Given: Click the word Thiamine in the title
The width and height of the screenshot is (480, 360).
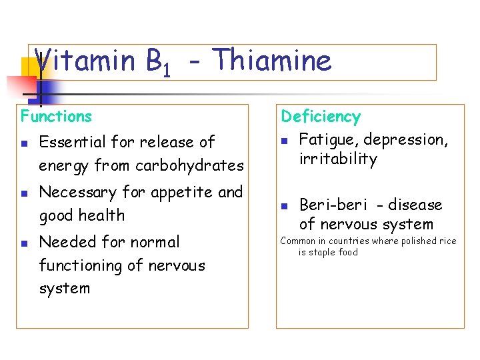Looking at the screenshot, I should coord(273,61).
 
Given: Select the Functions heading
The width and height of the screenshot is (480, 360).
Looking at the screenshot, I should coord(56,116).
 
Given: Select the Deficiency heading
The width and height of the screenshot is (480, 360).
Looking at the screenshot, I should coord(320,117).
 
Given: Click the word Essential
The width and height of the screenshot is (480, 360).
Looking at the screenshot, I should coord(71,142).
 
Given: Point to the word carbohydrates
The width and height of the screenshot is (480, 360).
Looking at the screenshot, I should coord(189,165).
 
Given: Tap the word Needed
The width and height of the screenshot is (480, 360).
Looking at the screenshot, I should coord(65,242).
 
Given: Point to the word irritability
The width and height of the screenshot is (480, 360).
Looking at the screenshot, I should coord(338,159).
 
